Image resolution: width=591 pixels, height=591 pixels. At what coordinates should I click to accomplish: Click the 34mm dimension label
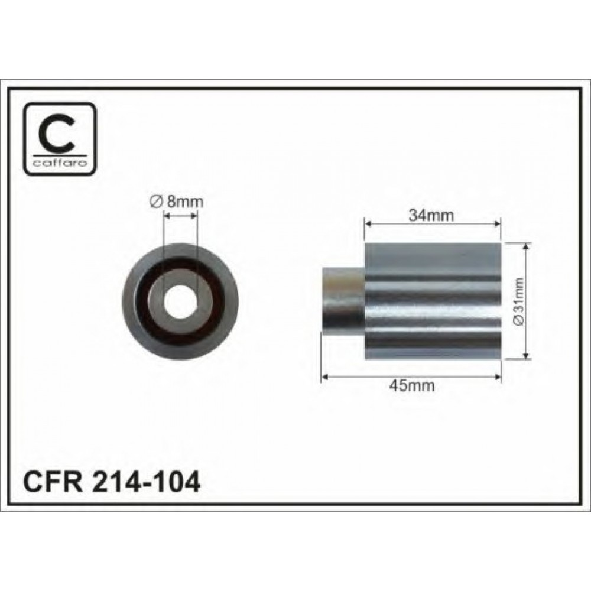[431, 215]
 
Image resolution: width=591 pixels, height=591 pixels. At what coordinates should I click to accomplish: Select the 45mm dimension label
[411, 385]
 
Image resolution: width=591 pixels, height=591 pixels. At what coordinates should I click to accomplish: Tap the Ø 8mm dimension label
[176, 202]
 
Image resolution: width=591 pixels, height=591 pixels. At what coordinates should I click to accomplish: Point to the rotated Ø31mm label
[519, 301]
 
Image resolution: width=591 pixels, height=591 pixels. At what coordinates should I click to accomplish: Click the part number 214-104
[145, 483]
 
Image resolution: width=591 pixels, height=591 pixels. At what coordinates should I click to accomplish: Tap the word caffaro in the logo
[60, 163]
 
